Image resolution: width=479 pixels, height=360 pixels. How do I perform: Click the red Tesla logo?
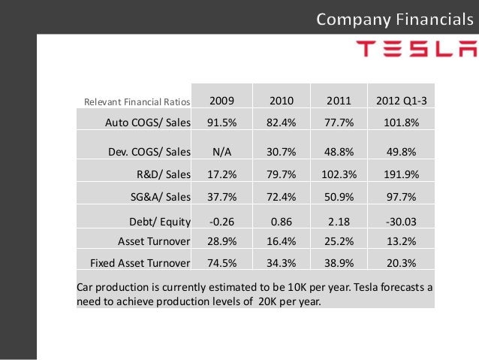(417, 49)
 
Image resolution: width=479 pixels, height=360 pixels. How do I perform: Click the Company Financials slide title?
(395, 20)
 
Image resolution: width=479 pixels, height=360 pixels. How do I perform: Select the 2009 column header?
(221, 101)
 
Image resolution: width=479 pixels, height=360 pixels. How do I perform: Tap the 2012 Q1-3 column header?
(401, 101)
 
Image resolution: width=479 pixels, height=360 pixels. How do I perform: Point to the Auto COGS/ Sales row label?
(148, 123)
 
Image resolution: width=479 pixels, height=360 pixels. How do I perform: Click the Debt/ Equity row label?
(160, 222)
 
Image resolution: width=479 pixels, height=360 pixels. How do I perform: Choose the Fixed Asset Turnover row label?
(140, 263)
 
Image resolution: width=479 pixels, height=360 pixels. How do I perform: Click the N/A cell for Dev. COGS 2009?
(221, 152)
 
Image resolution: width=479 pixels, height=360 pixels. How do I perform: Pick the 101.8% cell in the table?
(401, 123)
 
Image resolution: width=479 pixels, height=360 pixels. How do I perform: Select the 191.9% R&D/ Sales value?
(401, 174)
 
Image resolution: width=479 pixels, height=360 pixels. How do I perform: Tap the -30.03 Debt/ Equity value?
(401, 222)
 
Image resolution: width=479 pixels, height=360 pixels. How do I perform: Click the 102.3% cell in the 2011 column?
(339, 174)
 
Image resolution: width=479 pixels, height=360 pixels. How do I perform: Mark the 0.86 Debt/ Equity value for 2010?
(282, 222)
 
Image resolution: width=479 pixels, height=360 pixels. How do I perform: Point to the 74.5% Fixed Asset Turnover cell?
(221, 263)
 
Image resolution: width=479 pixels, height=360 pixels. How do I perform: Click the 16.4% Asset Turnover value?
(282, 241)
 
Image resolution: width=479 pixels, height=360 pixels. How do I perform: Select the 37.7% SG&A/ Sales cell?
(221, 197)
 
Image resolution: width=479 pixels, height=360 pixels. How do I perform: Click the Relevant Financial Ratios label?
(137, 102)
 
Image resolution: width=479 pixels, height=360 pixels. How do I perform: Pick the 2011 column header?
(339, 101)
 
